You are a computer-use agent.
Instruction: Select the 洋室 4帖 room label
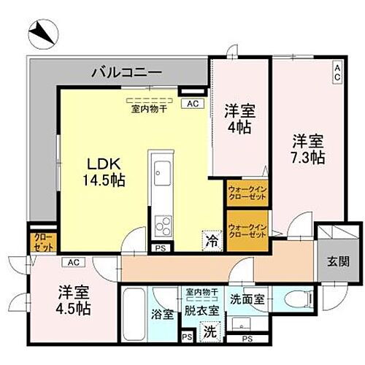238,119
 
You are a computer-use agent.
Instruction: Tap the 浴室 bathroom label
162,315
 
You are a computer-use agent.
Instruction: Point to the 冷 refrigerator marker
210,239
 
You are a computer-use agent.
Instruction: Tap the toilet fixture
297,299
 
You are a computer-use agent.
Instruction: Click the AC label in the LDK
192,104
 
